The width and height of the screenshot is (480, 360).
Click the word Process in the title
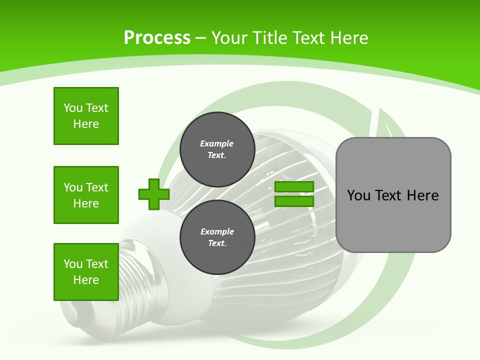click(x=157, y=38)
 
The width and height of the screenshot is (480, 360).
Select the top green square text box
click(x=86, y=116)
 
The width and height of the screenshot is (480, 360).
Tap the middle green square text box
click(x=86, y=195)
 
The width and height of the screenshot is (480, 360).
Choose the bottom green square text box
click(x=86, y=272)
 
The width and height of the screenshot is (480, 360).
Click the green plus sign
click(x=154, y=194)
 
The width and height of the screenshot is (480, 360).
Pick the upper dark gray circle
click(x=217, y=149)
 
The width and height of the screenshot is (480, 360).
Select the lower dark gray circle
click(x=217, y=237)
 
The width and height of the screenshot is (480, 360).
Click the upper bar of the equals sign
click(x=294, y=186)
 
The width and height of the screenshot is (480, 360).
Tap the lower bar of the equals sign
click(x=294, y=201)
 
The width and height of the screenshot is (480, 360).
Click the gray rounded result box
click(x=393, y=220)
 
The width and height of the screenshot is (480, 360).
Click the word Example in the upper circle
click(x=217, y=143)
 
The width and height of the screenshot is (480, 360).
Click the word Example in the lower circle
click(x=217, y=231)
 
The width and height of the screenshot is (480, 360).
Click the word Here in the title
click(x=349, y=38)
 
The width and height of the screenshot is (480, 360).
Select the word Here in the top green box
click(x=86, y=124)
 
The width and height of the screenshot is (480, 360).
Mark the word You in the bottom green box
click(x=72, y=264)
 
